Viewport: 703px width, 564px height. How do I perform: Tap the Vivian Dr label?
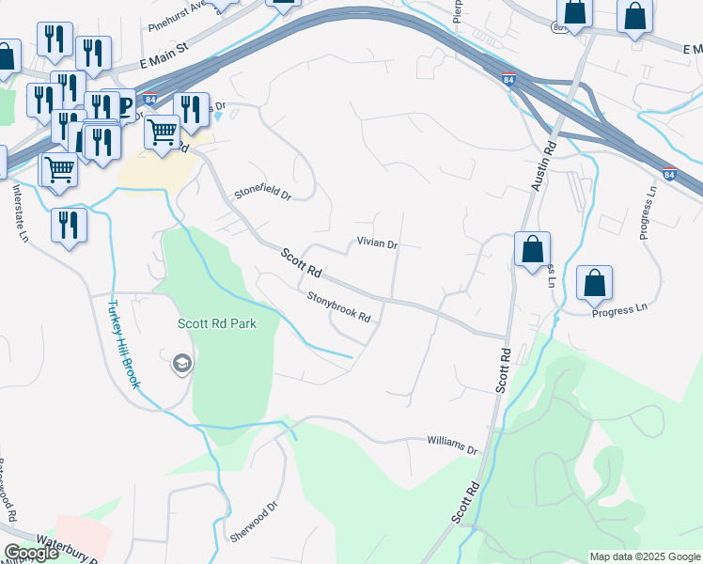(378, 243)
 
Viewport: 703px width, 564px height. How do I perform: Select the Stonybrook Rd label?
(339, 306)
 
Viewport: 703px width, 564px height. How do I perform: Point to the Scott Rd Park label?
(216, 323)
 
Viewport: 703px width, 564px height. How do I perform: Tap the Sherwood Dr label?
(255, 522)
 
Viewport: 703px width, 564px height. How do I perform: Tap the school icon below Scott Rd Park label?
(181, 363)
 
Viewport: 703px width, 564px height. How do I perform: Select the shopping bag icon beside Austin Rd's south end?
(532, 249)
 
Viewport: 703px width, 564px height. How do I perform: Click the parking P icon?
(121, 104)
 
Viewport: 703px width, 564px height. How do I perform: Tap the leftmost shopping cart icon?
(59, 170)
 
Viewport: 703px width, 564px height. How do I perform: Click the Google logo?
(31, 553)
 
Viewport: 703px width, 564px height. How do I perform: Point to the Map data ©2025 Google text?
(644, 556)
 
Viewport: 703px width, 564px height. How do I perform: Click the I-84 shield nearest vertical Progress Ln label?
(668, 174)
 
